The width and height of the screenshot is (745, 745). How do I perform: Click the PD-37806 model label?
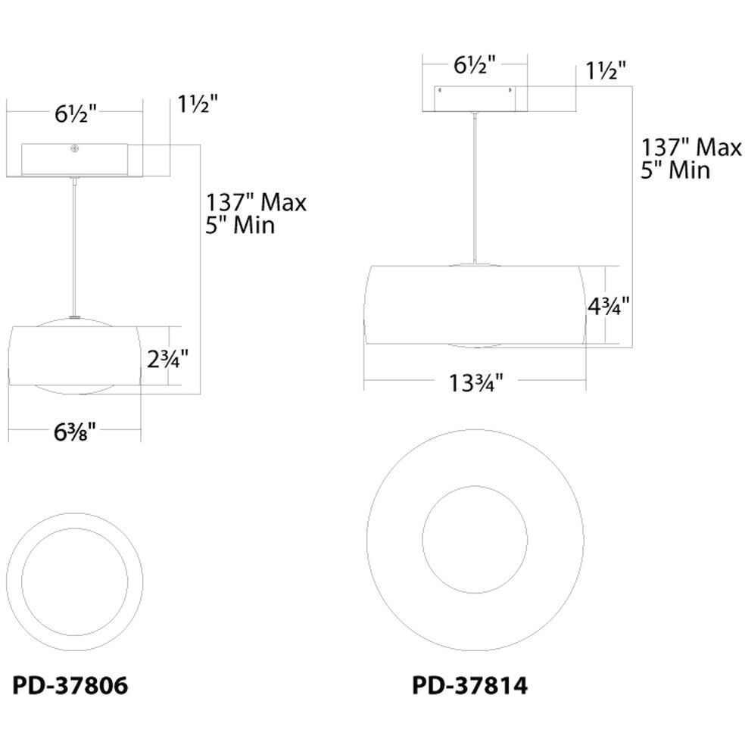(70, 686)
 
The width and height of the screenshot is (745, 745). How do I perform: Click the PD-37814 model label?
(469, 686)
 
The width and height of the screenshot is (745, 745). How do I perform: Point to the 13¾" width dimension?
(474, 384)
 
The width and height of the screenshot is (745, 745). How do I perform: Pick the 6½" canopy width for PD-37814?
(474, 66)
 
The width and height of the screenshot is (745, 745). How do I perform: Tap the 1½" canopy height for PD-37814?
(606, 71)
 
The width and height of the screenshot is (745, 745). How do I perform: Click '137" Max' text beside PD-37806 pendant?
(256, 203)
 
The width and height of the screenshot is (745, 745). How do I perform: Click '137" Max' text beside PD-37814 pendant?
(691, 147)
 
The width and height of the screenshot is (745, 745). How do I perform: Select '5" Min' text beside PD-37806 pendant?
(239, 226)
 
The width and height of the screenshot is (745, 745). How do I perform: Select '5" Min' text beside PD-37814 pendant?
(675, 170)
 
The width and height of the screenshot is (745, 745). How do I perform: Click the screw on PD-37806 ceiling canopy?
(74, 149)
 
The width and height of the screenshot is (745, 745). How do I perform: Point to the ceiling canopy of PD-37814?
(474, 99)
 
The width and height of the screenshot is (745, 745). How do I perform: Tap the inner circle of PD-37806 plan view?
(74, 580)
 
